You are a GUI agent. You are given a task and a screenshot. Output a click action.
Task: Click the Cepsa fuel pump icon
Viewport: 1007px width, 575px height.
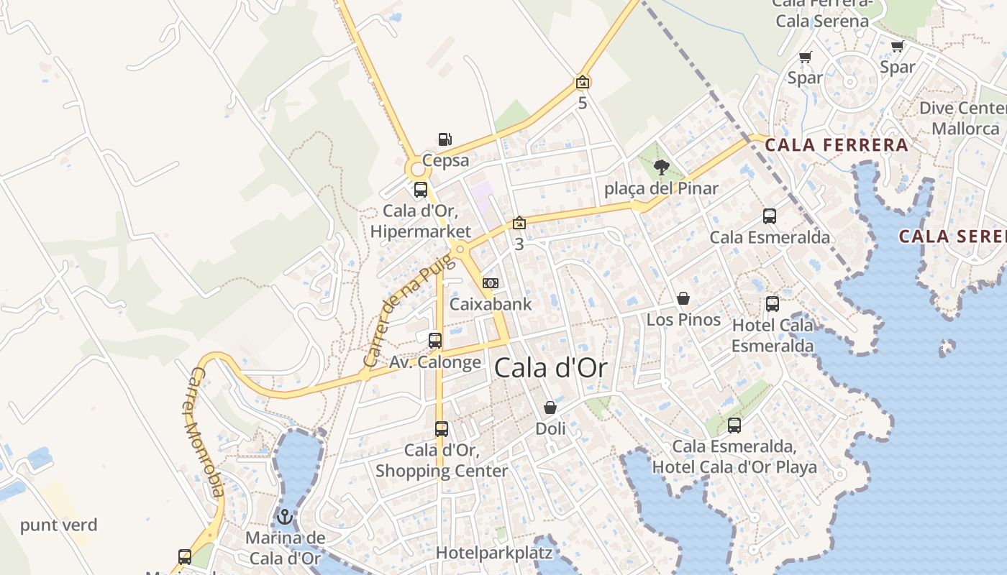coord(445,139)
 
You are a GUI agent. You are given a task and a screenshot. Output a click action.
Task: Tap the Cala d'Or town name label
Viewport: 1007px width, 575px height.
coord(551,368)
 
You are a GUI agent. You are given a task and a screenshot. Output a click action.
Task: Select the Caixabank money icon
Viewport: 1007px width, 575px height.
coord(491,283)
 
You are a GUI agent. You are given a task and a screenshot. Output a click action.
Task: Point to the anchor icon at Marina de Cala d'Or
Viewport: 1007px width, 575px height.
coord(285,517)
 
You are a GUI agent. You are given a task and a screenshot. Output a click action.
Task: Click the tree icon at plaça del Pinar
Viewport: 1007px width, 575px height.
coord(661,168)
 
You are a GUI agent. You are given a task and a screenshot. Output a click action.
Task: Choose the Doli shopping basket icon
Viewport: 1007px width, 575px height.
coord(550,408)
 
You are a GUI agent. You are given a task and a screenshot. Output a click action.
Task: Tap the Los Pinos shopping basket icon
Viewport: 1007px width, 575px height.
coord(683,298)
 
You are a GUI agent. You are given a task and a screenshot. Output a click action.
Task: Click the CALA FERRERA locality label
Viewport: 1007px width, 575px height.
coord(837,145)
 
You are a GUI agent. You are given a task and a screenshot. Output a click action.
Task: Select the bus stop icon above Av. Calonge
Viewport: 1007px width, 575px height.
coord(435,341)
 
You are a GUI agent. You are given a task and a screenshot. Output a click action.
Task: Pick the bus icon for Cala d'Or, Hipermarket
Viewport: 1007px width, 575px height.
coord(421,190)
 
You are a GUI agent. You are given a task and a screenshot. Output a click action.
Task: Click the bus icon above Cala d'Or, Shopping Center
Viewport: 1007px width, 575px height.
coord(442,429)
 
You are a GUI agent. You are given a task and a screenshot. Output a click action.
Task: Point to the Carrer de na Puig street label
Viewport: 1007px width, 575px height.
coord(410,310)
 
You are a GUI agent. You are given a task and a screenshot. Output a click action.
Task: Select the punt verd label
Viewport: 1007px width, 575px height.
coord(58,525)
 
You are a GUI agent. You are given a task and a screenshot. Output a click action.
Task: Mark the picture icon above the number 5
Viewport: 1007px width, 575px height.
coord(583,83)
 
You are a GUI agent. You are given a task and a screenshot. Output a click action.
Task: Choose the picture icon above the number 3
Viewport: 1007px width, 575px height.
coord(519,224)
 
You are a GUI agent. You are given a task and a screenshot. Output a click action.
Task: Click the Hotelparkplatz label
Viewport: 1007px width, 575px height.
coord(494,553)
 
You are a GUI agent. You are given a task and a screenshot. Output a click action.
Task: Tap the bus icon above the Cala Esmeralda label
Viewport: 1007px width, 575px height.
coord(770,216)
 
